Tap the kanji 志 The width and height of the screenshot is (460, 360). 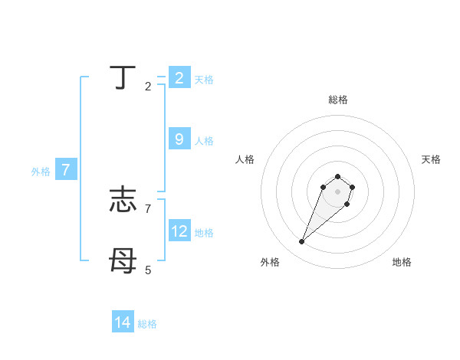(123, 201)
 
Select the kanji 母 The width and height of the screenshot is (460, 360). (123, 262)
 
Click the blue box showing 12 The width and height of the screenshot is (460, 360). (179, 231)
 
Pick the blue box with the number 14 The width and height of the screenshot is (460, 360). (123, 322)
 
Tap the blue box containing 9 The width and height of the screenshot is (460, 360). (179, 139)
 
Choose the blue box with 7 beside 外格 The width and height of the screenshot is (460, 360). (66, 170)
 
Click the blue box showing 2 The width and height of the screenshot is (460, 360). (179, 78)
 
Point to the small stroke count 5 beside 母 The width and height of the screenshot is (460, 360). (149, 270)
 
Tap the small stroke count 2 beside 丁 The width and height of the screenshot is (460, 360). (148, 87)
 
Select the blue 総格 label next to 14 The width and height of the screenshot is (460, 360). (147, 324)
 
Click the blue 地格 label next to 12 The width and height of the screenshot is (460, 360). (204, 233)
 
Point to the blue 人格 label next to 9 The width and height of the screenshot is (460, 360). (204, 141)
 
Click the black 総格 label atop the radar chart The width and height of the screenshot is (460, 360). (337, 100)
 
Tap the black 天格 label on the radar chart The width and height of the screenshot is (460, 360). (431, 159)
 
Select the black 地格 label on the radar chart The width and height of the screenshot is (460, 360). (402, 262)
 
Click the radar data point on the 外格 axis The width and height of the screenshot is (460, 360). (302, 242)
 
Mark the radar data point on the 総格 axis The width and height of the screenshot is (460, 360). (337, 177)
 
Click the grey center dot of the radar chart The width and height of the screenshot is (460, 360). (337, 191)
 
